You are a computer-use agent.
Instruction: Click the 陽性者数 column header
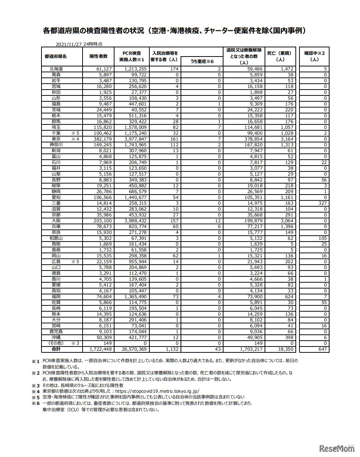98,56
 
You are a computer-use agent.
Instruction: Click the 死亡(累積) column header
281,56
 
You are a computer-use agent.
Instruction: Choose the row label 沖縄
56,337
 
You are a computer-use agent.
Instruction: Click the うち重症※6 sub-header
202,61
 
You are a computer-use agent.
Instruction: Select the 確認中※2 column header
314,56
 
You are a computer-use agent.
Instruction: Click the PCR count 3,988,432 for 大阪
135,221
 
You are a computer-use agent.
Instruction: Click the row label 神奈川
57,145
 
